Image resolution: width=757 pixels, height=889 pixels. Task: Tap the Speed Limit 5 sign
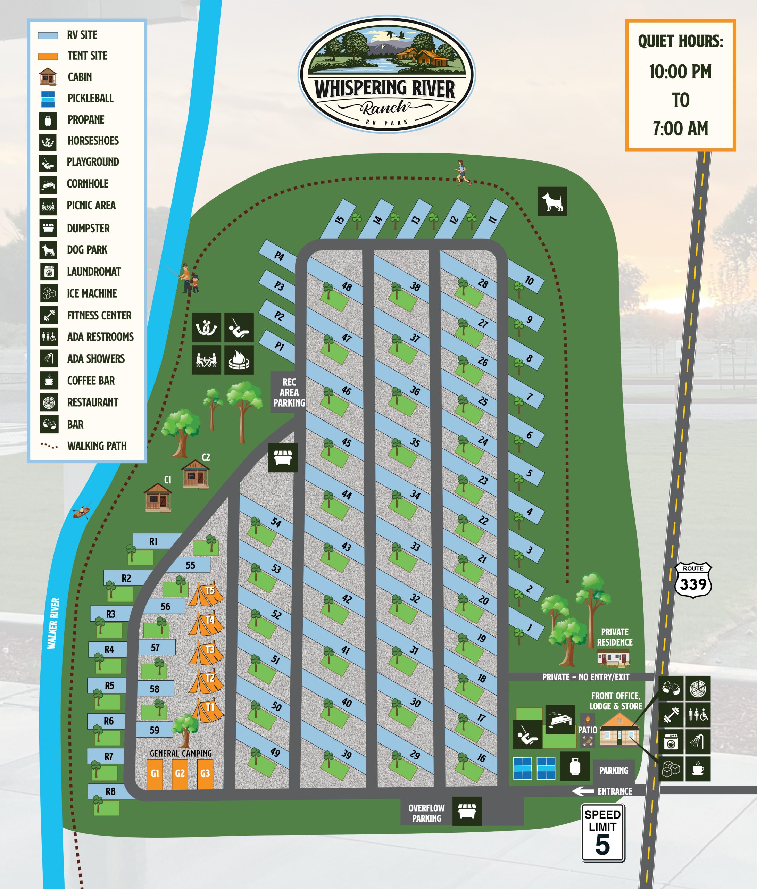603,833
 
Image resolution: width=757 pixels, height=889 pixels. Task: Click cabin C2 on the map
195,474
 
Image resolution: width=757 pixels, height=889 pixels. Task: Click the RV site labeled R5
107,686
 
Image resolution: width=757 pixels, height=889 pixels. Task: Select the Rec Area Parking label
289,392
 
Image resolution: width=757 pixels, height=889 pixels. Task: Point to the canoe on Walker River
82,512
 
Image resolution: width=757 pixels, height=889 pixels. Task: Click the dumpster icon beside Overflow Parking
467,811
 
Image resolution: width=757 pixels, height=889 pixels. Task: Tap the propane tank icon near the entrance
575,766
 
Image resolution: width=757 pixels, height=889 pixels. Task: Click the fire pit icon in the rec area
239,359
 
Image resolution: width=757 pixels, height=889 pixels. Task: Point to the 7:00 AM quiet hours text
680,128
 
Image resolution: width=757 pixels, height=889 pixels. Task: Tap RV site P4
278,256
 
